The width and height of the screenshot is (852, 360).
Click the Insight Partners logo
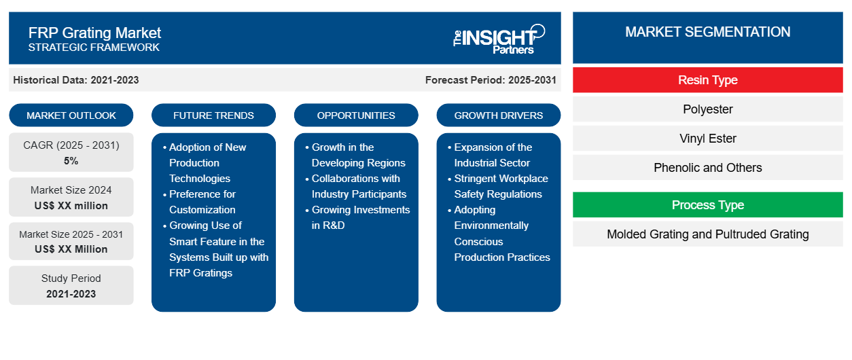pyautogui.click(x=499, y=39)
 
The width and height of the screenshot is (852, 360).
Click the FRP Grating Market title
pyautogui.click(x=94, y=33)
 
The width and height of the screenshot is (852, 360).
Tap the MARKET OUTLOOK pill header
pyautogui.click(x=71, y=115)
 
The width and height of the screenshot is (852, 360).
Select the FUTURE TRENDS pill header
pyautogui.click(x=213, y=115)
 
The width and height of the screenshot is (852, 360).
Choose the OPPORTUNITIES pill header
pyautogui.click(x=356, y=115)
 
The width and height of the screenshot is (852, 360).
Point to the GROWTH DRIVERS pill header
pyautogui.click(x=498, y=115)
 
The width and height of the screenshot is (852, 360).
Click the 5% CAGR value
pyautogui.click(x=71, y=161)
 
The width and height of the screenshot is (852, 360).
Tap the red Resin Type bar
pyautogui.click(x=707, y=80)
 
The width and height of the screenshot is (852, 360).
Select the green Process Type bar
pyautogui.click(x=707, y=205)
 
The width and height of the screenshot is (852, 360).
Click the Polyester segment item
pyautogui.click(x=707, y=109)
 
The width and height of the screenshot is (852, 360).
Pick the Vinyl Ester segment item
pyautogui.click(x=707, y=139)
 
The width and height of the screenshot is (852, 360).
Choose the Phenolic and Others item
pyautogui.click(x=707, y=168)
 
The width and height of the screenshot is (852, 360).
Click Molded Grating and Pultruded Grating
pyautogui.click(x=707, y=234)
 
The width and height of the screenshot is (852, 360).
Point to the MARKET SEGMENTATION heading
pyautogui.click(x=707, y=32)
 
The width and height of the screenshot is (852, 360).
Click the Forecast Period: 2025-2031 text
pyautogui.click(x=491, y=80)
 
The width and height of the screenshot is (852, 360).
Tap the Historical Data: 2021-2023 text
pyautogui.click(x=76, y=80)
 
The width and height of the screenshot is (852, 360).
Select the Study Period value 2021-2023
pyautogui.click(x=71, y=294)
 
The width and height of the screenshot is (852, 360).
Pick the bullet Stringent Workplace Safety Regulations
pyautogui.click(x=498, y=186)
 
